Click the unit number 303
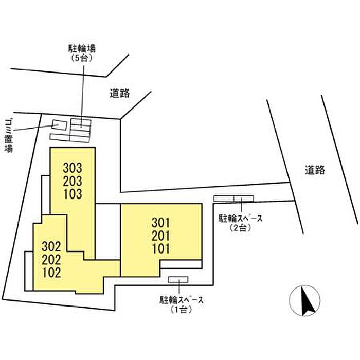[x=73, y=168]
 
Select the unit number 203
[x=73, y=181]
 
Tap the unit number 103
[x=73, y=194]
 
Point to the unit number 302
[x=51, y=247]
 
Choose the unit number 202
[x=51, y=260]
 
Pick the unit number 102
[x=51, y=273]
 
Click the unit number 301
[x=160, y=223]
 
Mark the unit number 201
[x=160, y=236]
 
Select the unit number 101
[x=160, y=248]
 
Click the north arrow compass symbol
[x=304, y=300]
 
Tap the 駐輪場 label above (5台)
[x=82, y=49]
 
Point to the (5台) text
[x=82, y=58]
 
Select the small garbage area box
[x=59, y=125]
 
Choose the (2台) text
[x=240, y=228]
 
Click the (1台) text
[x=182, y=310]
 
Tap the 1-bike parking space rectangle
[x=178, y=279]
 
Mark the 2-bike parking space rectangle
[x=233, y=199]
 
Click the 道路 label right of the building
[x=315, y=170]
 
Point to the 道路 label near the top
[x=120, y=93]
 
